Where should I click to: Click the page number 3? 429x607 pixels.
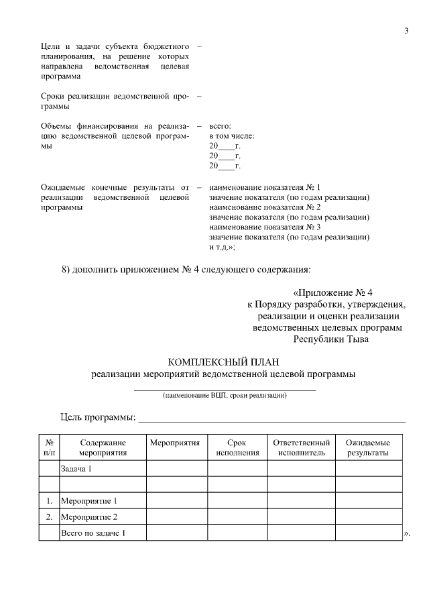(406, 30)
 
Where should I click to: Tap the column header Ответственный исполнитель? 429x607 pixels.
(301, 448)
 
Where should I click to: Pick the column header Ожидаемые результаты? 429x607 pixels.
(367, 448)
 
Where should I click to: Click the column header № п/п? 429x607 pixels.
(49, 448)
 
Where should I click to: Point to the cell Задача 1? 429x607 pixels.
(76, 469)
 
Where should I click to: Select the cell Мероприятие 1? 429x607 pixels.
(88, 501)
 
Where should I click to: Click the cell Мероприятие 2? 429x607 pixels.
(88, 517)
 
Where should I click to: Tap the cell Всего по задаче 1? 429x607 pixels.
(93, 533)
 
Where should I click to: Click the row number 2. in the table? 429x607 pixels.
(49, 517)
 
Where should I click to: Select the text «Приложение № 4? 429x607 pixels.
(332, 293)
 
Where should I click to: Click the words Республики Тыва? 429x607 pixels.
(331, 339)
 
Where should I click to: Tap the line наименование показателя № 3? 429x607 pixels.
(265, 227)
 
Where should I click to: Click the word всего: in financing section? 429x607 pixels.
(220, 125)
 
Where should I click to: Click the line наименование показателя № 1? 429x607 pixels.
(265, 187)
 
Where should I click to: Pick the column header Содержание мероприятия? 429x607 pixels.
(103, 448)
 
